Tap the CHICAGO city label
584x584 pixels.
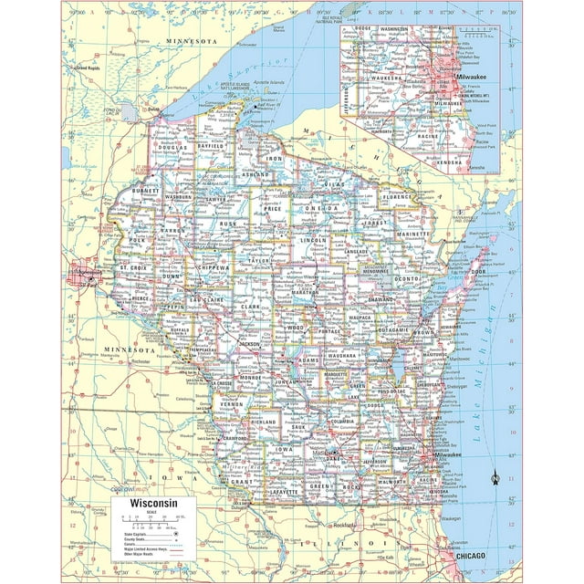pyautogui.click(x=463, y=556)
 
